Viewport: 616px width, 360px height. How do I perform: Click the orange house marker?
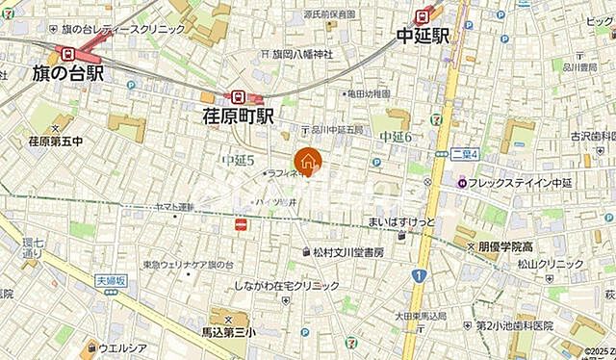(307, 162)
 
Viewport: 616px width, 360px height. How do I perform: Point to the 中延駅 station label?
(425, 38)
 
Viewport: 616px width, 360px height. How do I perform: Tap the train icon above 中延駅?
(423, 14)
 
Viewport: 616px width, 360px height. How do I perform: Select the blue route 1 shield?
(420, 276)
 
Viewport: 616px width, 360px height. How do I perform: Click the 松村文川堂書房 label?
(347, 252)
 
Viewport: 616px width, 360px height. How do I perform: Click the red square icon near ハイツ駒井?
(242, 223)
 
